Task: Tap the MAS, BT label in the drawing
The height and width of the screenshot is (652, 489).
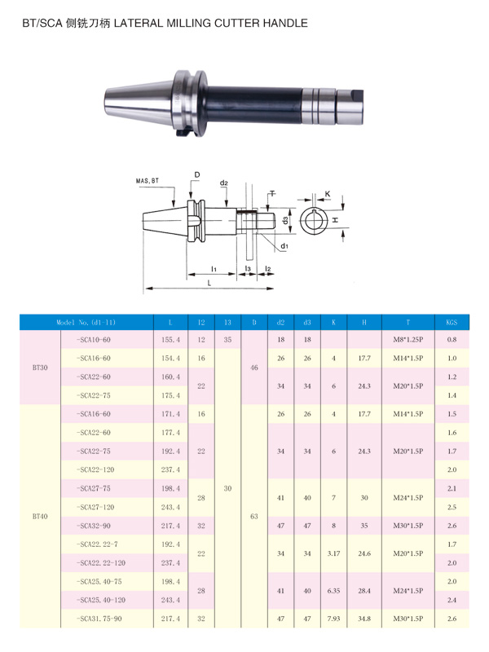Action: click(148, 181)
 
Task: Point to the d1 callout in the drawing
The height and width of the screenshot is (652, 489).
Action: click(284, 246)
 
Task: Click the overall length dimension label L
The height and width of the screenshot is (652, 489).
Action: click(209, 283)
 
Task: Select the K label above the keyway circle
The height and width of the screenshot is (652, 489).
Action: click(328, 194)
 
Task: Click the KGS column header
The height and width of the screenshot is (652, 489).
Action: click(452, 322)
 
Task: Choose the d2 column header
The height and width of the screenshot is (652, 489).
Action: click(280, 322)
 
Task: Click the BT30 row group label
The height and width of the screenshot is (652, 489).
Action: click(40, 368)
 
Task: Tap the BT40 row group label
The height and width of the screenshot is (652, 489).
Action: click(40, 517)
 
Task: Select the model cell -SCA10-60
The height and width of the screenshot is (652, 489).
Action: click(94, 340)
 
